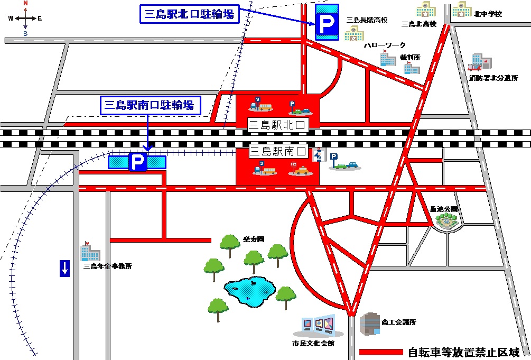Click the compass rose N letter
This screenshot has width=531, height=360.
[x=25, y=3]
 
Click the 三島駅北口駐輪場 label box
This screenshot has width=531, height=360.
[x=189, y=14]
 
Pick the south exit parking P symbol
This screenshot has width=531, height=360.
[x=137, y=162]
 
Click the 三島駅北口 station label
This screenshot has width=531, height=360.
[x=277, y=125]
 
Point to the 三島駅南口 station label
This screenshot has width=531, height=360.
[x=277, y=152]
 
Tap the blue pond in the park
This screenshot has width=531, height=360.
[x=249, y=290]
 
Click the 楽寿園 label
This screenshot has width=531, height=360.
[x=254, y=239]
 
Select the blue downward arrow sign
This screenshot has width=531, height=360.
[x=64, y=268]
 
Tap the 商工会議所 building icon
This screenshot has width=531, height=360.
[x=370, y=323]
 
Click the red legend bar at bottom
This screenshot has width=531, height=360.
[x=380, y=352]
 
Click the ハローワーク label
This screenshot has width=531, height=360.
[x=385, y=45]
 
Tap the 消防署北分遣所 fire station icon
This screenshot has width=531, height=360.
[x=479, y=62]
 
